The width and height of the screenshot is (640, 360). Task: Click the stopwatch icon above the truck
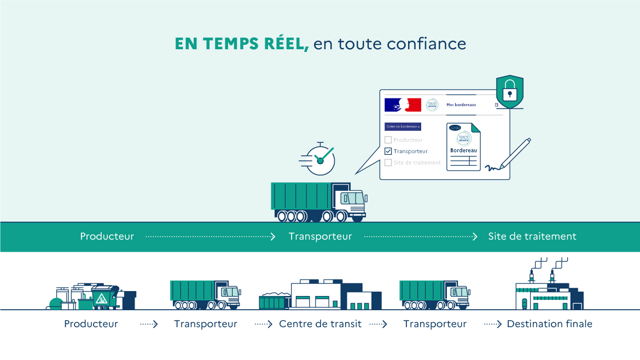click(x=321, y=159)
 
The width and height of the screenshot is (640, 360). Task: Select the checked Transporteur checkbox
click(x=388, y=151)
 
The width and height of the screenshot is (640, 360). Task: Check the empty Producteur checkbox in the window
click(x=388, y=140)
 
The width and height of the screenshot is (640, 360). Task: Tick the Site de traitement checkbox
click(x=388, y=162)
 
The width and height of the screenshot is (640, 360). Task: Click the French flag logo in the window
click(x=403, y=104)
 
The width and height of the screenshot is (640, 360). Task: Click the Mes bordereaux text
click(x=461, y=104)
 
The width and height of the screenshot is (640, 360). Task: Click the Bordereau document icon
click(x=463, y=147)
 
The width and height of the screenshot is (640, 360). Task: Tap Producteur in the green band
click(x=107, y=237)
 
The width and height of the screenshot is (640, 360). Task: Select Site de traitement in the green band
click(x=532, y=237)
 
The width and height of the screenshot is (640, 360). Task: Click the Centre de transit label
click(x=320, y=324)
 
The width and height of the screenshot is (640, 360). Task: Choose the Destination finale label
click(x=549, y=324)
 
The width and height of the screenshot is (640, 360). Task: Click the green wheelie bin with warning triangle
click(x=104, y=297)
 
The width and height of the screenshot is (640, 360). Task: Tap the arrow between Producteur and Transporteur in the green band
click(x=211, y=237)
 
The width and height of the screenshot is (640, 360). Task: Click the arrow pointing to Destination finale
click(x=493, y=324)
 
